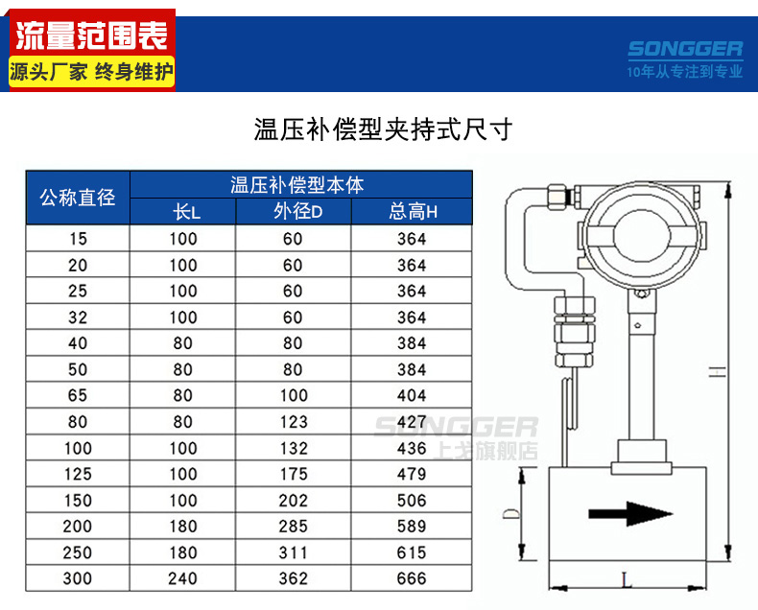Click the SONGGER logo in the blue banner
685,49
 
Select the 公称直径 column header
78,198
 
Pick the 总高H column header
413,212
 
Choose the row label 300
78,578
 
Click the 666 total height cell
412,578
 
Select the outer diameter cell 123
293,421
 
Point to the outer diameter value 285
293,526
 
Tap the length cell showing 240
182,578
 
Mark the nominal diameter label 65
78,395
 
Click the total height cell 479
412,474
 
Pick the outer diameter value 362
293,578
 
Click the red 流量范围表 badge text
92,36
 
